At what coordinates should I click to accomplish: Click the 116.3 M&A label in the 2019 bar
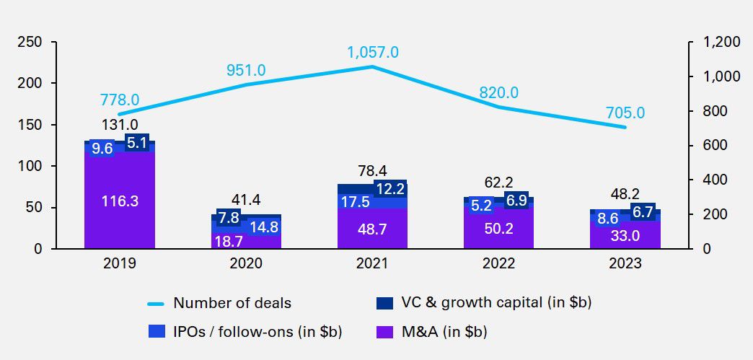(120, 201)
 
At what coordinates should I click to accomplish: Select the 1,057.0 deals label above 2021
(372, 52)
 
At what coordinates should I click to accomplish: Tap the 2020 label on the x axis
(246, 264)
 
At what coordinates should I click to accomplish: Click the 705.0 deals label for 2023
(625, 113)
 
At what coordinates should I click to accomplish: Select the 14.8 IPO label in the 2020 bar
(264, 227)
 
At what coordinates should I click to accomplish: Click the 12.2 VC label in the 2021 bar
(390, 189)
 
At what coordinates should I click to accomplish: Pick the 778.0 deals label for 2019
(120, 100)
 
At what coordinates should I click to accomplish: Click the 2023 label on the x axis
(625, 264)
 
